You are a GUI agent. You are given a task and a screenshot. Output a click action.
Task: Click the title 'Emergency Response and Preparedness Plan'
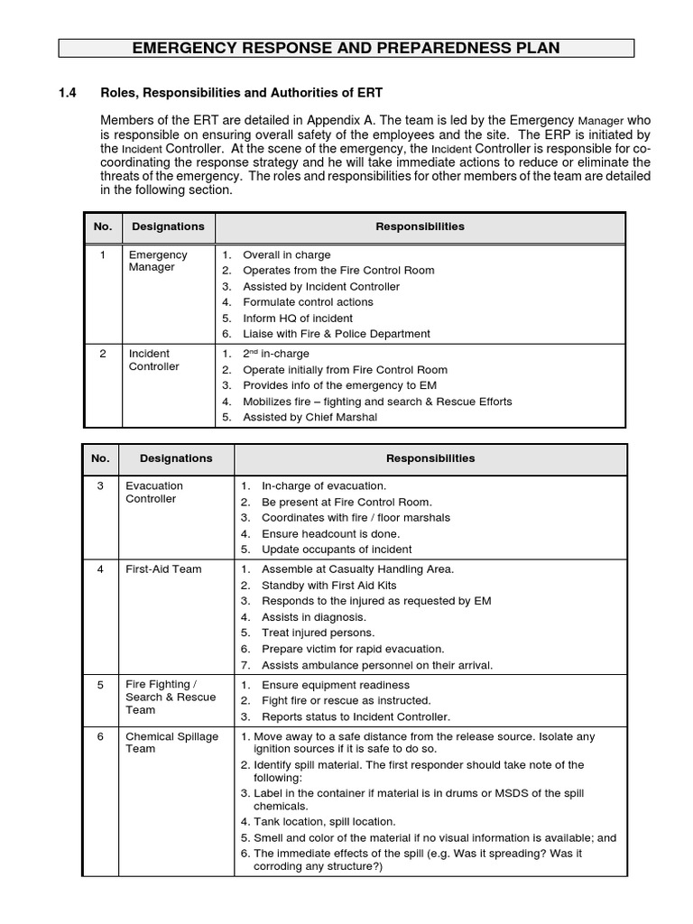pyautogui.click(x=346, y=48)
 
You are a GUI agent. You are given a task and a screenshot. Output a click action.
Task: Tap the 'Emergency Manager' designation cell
pyautogui.click(x=158, y=262)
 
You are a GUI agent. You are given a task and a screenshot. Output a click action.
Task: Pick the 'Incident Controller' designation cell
pyautogui.click(x=154, y=360)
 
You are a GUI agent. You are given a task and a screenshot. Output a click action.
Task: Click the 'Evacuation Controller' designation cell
pyautogui.click(x=154, y=492)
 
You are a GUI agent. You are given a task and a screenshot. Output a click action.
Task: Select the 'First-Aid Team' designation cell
pyautogui.click(x=163, y=569)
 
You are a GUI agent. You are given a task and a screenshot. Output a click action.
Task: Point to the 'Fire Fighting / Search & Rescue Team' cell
pyautogui.click(x=170, y=698)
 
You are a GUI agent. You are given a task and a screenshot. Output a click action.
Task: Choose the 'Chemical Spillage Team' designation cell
pyautogui.click(x=171, y=743)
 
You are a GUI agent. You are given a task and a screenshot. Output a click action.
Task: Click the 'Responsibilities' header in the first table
pyautogui.click(x=420, y=227)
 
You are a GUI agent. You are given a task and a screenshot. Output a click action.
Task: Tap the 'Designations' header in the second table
pyautogui.click(x=176, y=458)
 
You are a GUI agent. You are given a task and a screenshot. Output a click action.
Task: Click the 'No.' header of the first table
pyautogui.click(x=102, y=226)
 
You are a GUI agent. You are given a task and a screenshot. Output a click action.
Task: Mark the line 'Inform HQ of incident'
pyautogui.click(x=298, y=319)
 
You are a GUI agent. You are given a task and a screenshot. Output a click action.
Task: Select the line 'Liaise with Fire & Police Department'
pyautogui.click(x=337, y=334)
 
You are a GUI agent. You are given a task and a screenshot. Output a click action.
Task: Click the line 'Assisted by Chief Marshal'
pyautogui.click(x=310, y=418)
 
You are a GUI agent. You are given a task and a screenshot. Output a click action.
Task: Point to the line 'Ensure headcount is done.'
pyautogui.click(x=330, y=533)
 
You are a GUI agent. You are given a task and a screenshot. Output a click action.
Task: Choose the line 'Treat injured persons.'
pyautogui.click(x=318, y=633)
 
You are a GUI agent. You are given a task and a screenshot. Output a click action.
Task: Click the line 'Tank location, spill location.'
pyautogui.click(x=325, y=822)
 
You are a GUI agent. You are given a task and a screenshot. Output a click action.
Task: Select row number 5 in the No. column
pyautogui.click(x=101, y=685)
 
